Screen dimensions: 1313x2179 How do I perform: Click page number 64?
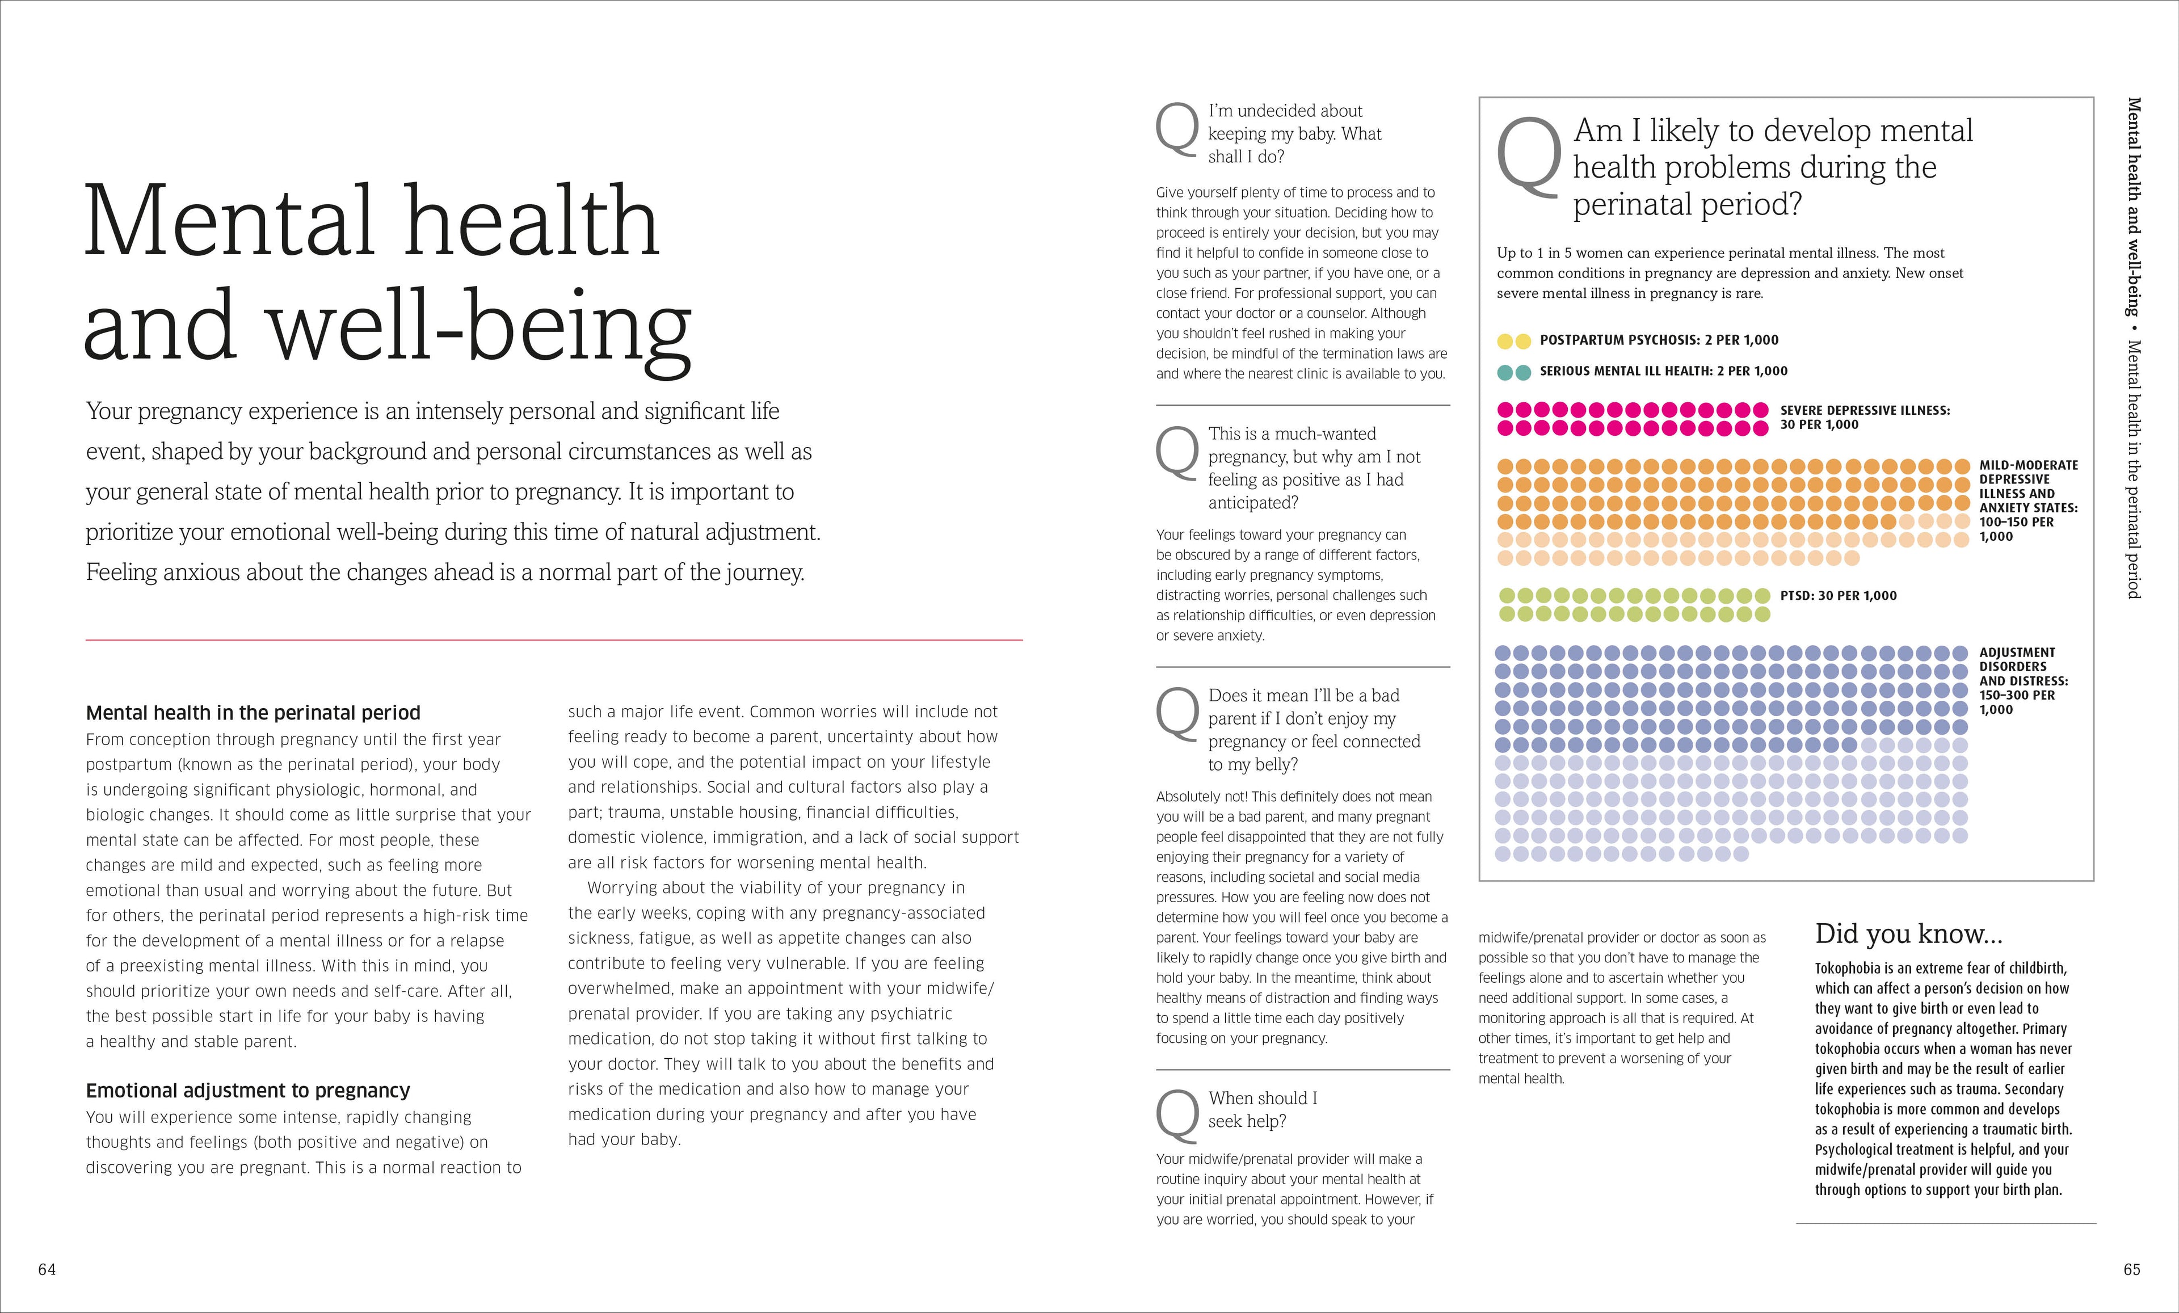(47, 1270)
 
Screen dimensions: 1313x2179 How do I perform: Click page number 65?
(2131, 1270)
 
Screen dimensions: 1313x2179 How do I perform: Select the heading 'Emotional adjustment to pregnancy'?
(247, 1090)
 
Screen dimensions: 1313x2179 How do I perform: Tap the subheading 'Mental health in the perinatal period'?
(253, 713)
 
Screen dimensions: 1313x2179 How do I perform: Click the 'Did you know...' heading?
(1908, 934)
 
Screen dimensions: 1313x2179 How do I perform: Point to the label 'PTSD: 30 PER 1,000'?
(1839, 596)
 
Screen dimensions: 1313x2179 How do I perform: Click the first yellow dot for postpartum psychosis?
(1505, 341)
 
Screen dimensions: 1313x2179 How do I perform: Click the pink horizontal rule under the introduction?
(554, 639)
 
